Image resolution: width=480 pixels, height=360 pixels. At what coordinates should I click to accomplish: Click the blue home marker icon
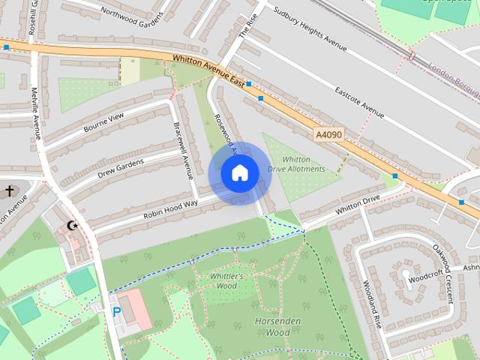(x=239, y=173)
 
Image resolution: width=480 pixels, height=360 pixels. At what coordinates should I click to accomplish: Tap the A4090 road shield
(x=329, y=134)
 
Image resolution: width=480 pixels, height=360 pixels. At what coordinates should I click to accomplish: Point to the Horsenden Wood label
(x=272, y=327)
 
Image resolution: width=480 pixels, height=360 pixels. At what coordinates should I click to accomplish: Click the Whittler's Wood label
(x=223, y=280)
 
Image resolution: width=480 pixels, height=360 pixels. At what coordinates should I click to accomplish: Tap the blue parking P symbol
(x=116, y=311)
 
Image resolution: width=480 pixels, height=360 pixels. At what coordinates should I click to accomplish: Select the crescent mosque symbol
(x=73, y=225)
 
